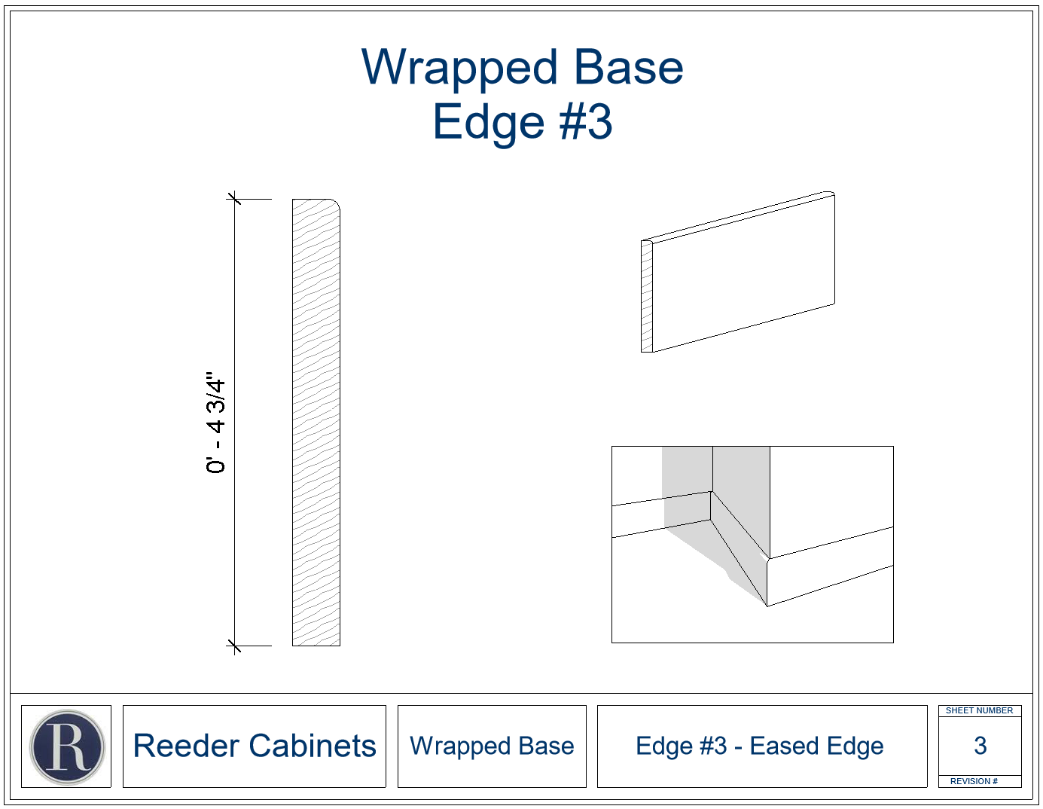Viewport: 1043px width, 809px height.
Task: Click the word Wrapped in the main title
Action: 459,68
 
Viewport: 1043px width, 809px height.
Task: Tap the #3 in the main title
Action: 586,122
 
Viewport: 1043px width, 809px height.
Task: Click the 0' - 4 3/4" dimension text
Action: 215,422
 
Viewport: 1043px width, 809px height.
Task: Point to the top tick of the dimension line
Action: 234,198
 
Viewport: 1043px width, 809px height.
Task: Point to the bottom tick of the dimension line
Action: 234,646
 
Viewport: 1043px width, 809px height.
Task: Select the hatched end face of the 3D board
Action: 647,296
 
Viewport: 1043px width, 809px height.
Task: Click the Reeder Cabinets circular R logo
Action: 67,747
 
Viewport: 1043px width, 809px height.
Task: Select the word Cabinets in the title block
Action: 313,746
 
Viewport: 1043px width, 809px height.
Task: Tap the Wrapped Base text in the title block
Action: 492,746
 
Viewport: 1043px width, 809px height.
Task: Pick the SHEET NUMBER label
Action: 979,710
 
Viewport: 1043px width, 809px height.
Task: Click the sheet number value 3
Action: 980,746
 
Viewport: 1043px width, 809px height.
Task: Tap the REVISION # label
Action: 974,781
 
